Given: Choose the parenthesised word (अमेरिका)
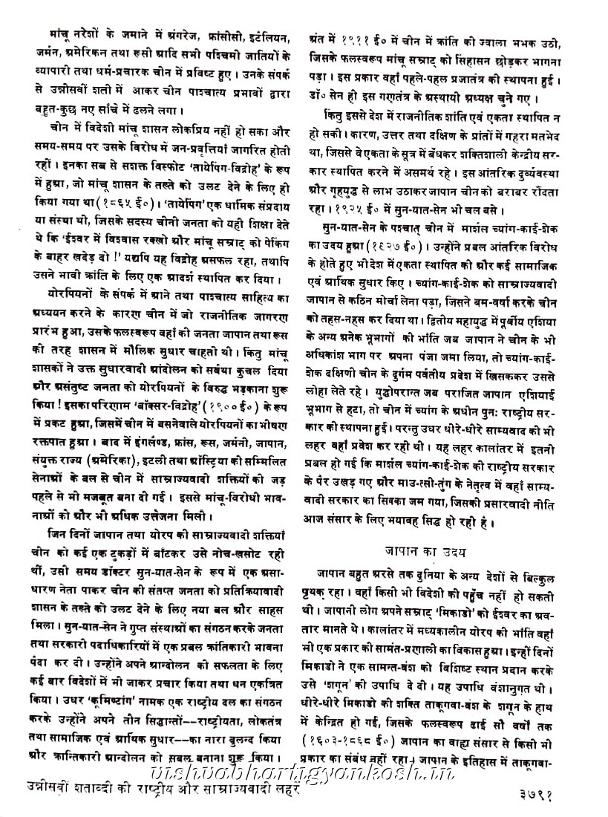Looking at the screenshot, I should (x=120, y=455).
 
